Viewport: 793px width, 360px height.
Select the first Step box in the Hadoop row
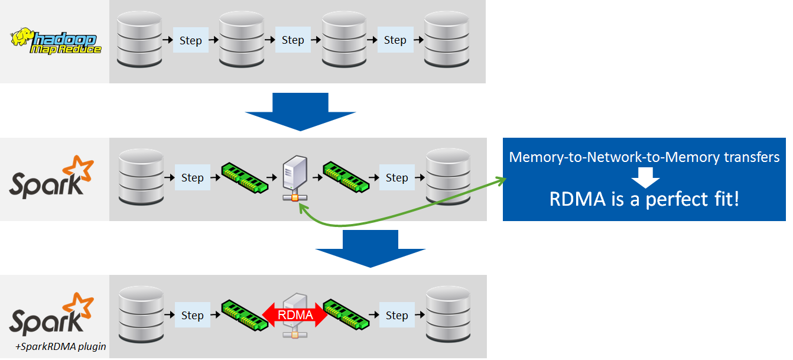coord(190,40)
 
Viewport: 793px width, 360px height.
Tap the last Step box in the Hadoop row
coord(395,40)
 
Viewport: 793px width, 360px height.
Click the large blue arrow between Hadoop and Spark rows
coord(300,112)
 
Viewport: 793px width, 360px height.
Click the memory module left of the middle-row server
coord(243,177)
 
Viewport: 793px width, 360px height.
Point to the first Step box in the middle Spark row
coord(192,177)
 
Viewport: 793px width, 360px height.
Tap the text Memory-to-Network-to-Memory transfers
coord(643,157)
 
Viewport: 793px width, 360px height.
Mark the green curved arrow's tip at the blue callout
coord(506,180)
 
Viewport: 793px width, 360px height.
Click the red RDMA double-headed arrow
coord(295,315)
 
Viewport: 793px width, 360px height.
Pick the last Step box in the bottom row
coord(396,315)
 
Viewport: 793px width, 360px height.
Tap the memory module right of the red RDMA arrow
coord(347,315)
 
